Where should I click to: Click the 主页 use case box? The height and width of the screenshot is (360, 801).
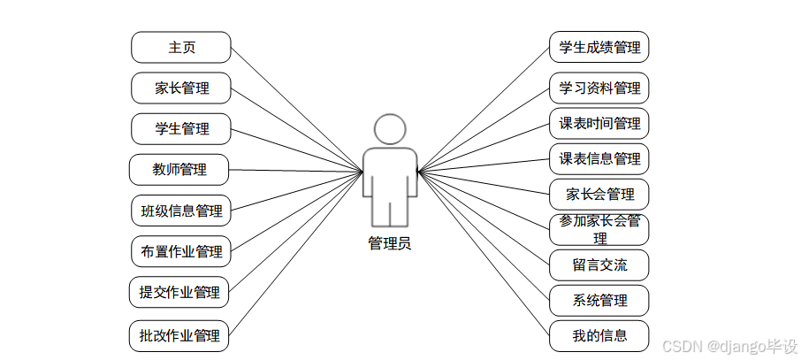coord(181,48)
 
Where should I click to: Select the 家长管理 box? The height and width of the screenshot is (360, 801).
coord(181,88)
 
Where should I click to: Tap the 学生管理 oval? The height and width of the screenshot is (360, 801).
coord(181,129)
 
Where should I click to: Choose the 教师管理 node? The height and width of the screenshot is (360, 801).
coord(179,169)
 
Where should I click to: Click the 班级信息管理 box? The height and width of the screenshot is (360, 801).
coord(181,211)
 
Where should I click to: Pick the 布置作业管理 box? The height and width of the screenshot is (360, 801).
coord(181,251)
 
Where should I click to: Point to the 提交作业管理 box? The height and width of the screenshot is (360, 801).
coord(179,292)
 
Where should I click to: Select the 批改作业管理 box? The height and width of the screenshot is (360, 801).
coord(179,336)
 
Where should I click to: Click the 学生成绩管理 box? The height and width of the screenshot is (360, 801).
coord(599,48)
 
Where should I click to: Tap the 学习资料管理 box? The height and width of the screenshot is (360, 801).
coord(599,88)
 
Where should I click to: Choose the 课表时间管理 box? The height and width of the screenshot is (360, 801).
coord(599,123)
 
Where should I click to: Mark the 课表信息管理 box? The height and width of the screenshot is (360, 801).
coord(599,159)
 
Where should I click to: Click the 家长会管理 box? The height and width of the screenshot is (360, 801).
coord(599,194)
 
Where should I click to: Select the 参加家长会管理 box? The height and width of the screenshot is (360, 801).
coord(599,229)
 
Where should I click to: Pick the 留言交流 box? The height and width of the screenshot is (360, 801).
coord(599,265)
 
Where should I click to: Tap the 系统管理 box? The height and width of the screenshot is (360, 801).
coord(599,301)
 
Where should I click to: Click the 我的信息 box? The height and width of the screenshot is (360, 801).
coord(599,336)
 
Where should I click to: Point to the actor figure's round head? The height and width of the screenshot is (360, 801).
coord(390,129)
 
